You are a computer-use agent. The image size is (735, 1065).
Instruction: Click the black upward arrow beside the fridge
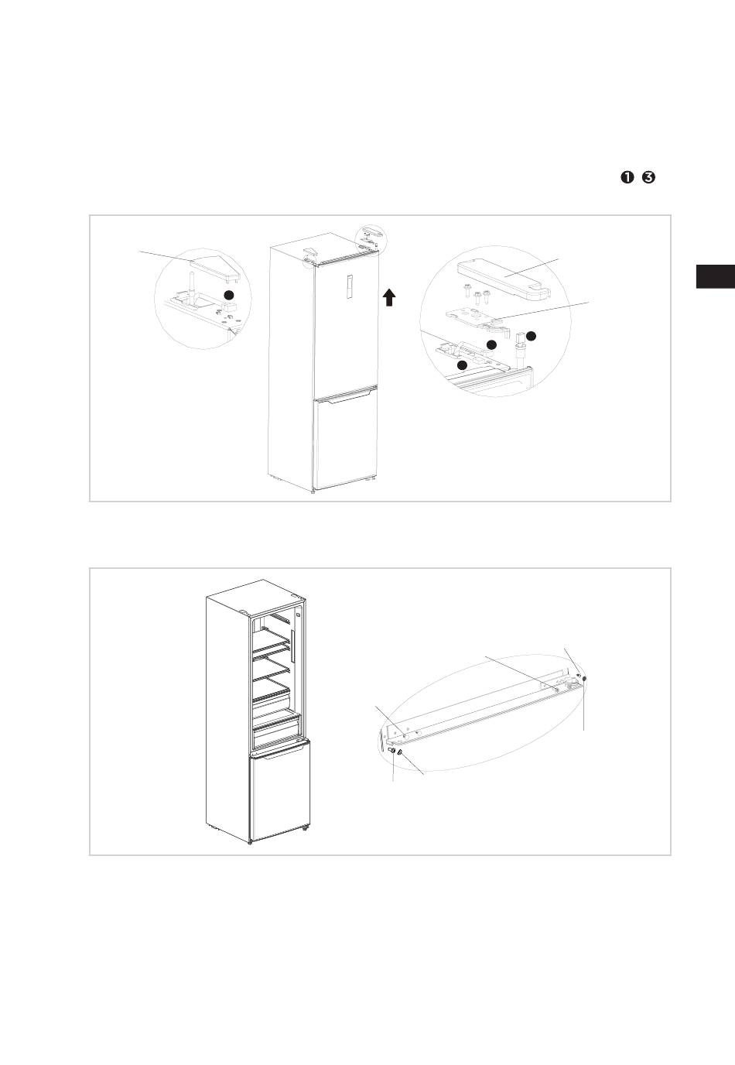point(389,297)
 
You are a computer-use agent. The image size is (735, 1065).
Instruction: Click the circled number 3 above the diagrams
point(648,178)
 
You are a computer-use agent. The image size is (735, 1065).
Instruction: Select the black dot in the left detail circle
point(228,296)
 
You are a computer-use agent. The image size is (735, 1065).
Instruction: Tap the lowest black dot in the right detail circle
point(462,364)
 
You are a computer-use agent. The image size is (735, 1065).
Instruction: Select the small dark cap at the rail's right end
point(584,679)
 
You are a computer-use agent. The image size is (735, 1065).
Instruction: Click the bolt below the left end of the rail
point(392,750)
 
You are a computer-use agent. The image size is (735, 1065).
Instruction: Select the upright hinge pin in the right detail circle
point(519,349)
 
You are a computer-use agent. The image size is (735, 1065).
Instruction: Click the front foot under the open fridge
point(250,842)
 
